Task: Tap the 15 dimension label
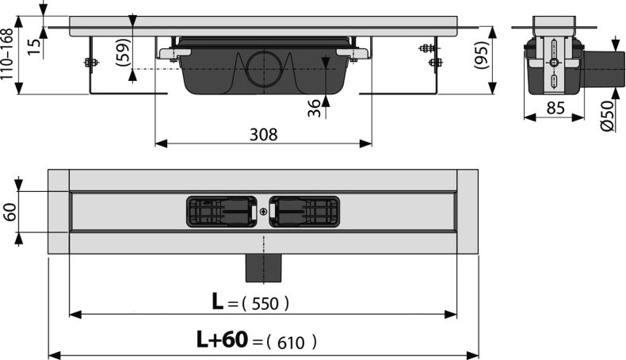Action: point(31,46)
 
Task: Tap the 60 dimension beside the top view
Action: point(10,213)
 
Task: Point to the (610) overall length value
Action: point(292,342)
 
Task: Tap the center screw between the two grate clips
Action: point(263,213)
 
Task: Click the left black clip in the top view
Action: point(221,212)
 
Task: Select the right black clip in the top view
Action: point(304,212)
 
